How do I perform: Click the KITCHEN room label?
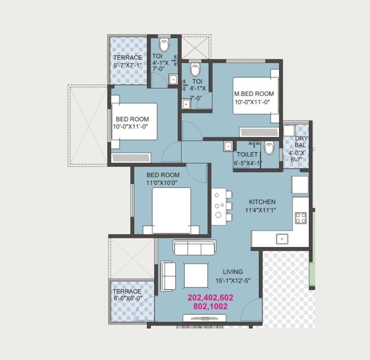262,202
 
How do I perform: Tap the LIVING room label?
233,272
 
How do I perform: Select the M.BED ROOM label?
254,94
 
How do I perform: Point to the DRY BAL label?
300,142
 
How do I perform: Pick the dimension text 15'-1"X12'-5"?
233,280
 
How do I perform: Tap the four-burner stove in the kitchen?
301,218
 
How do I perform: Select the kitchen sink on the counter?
282,239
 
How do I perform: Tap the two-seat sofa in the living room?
168,276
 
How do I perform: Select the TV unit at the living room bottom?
205,318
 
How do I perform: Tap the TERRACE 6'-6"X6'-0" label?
127,295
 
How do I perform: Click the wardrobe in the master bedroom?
259,132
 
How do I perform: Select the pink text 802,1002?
210,307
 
